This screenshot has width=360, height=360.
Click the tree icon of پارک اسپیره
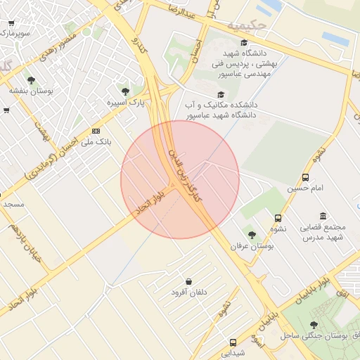125,91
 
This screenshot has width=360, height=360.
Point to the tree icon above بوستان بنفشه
31,79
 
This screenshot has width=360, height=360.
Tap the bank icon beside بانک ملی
96,131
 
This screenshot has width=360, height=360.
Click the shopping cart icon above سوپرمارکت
11,22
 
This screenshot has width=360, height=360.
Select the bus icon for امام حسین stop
305,178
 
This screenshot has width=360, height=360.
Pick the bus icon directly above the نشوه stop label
278,218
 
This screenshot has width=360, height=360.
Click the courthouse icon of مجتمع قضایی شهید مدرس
323,216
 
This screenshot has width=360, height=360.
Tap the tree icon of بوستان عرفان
252,234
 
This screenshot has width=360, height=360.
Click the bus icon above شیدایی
233,343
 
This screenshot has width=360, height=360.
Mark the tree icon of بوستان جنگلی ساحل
314,324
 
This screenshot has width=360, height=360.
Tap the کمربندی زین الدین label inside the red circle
184,172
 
